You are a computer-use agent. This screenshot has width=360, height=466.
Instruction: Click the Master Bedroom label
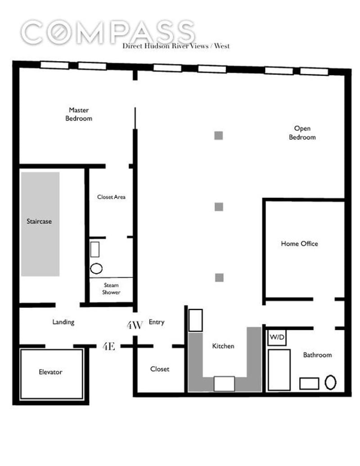click(x=79, y=114)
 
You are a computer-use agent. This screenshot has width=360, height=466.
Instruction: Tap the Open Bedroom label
click(x=302, y=133)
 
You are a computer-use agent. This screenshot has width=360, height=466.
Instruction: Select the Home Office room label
click(x=299, y=244)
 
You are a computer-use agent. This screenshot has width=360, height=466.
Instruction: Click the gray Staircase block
click(x=40, y=224)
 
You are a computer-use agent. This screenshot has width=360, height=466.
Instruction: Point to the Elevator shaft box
click(x=51, y=374)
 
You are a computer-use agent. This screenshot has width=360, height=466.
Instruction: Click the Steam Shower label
click(x=111, y=289)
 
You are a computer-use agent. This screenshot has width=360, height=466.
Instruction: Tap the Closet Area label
click(x=111, y=197)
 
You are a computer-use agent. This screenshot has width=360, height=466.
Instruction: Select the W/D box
click(x=277, y=337)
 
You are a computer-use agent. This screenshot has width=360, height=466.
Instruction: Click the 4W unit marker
click(x=135, y=325)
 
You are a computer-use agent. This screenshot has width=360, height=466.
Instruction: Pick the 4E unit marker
click(x=109, y=346)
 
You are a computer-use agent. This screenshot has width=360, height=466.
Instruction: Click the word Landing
click(x=63, y=322)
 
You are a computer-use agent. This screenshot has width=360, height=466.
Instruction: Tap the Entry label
click(x=156, y=322)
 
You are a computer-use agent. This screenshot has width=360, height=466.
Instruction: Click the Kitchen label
click(x=223, y=346)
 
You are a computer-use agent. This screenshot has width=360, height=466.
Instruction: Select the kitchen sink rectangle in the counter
click(x=224, y=384)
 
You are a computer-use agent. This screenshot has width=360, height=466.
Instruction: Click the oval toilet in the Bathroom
click(x=330, y=382)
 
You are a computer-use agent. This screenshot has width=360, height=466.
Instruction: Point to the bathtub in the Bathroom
click(x=279, y=370)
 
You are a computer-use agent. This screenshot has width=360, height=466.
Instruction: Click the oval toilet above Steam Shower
click(x=96, y=269)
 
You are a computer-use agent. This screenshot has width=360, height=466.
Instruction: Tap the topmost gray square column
click(x=219, y=136)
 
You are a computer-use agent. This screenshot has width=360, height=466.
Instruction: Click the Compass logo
click(x=108, y=32)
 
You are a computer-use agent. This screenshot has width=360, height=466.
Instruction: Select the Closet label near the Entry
click(x=160, y=369)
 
